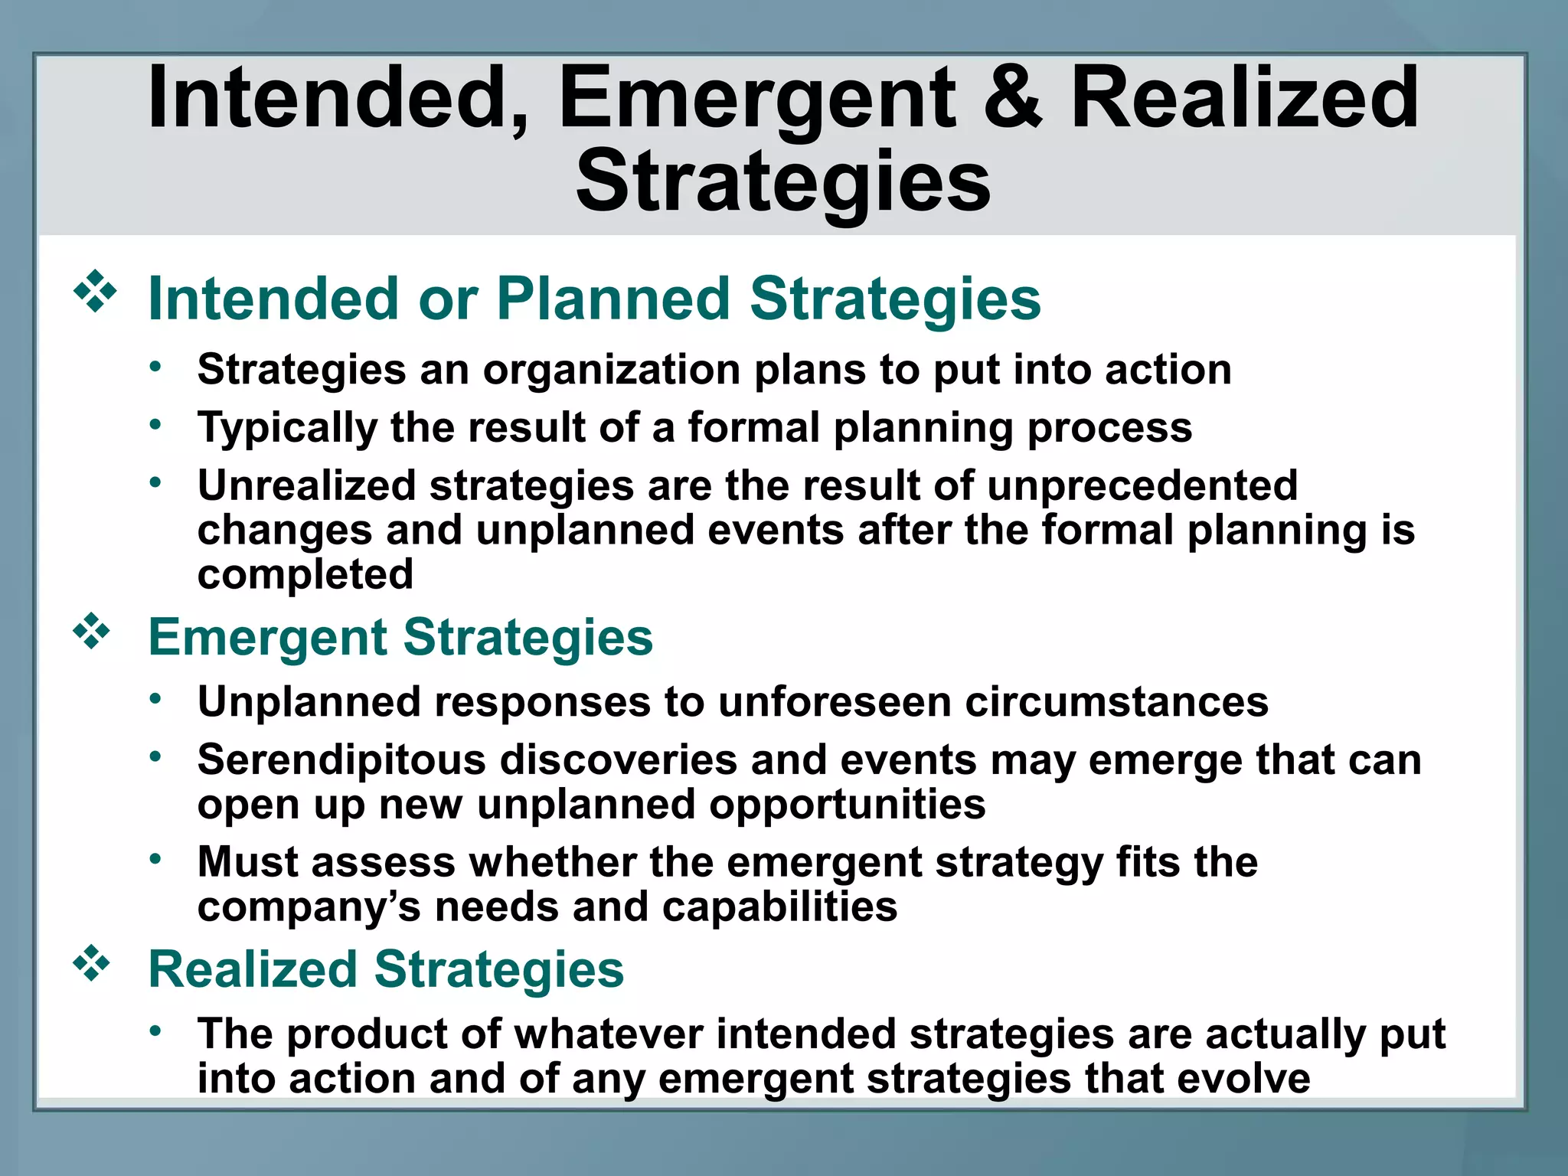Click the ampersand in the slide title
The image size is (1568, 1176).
[x=1012, y=98]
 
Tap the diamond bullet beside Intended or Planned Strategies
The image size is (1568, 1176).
[x=95, y=292]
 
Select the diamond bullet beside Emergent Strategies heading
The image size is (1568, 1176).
[x=92, y=632]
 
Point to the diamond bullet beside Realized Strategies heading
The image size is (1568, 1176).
[x=92, y=964]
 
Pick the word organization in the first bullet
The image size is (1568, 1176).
[x=611, y=371]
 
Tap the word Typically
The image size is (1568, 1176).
[x=287, y=428]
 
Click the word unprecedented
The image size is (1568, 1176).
[x=1142, y=485]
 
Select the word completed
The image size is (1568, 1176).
[x=305, y=574]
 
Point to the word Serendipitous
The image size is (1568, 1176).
[x=341, y=760]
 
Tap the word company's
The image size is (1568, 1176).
[x=309, y=908]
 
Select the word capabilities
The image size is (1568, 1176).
[x=779, y=907]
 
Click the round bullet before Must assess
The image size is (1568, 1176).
[x=155, y=859]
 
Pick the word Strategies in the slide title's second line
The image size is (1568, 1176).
[x=783, y=182]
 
